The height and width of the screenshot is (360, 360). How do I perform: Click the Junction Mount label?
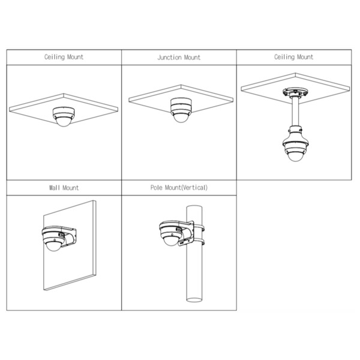(179, 58)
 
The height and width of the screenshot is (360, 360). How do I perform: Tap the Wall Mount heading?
(64, 188)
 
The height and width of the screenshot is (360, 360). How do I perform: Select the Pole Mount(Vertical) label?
(179, 188)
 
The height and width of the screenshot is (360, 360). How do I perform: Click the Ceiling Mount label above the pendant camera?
(293, 58)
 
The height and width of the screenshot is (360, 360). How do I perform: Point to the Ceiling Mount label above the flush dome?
(64, 58)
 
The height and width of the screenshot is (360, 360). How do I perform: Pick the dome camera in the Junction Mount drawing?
(179, 109)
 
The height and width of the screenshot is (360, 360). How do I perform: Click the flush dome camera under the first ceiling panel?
(64, 116)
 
